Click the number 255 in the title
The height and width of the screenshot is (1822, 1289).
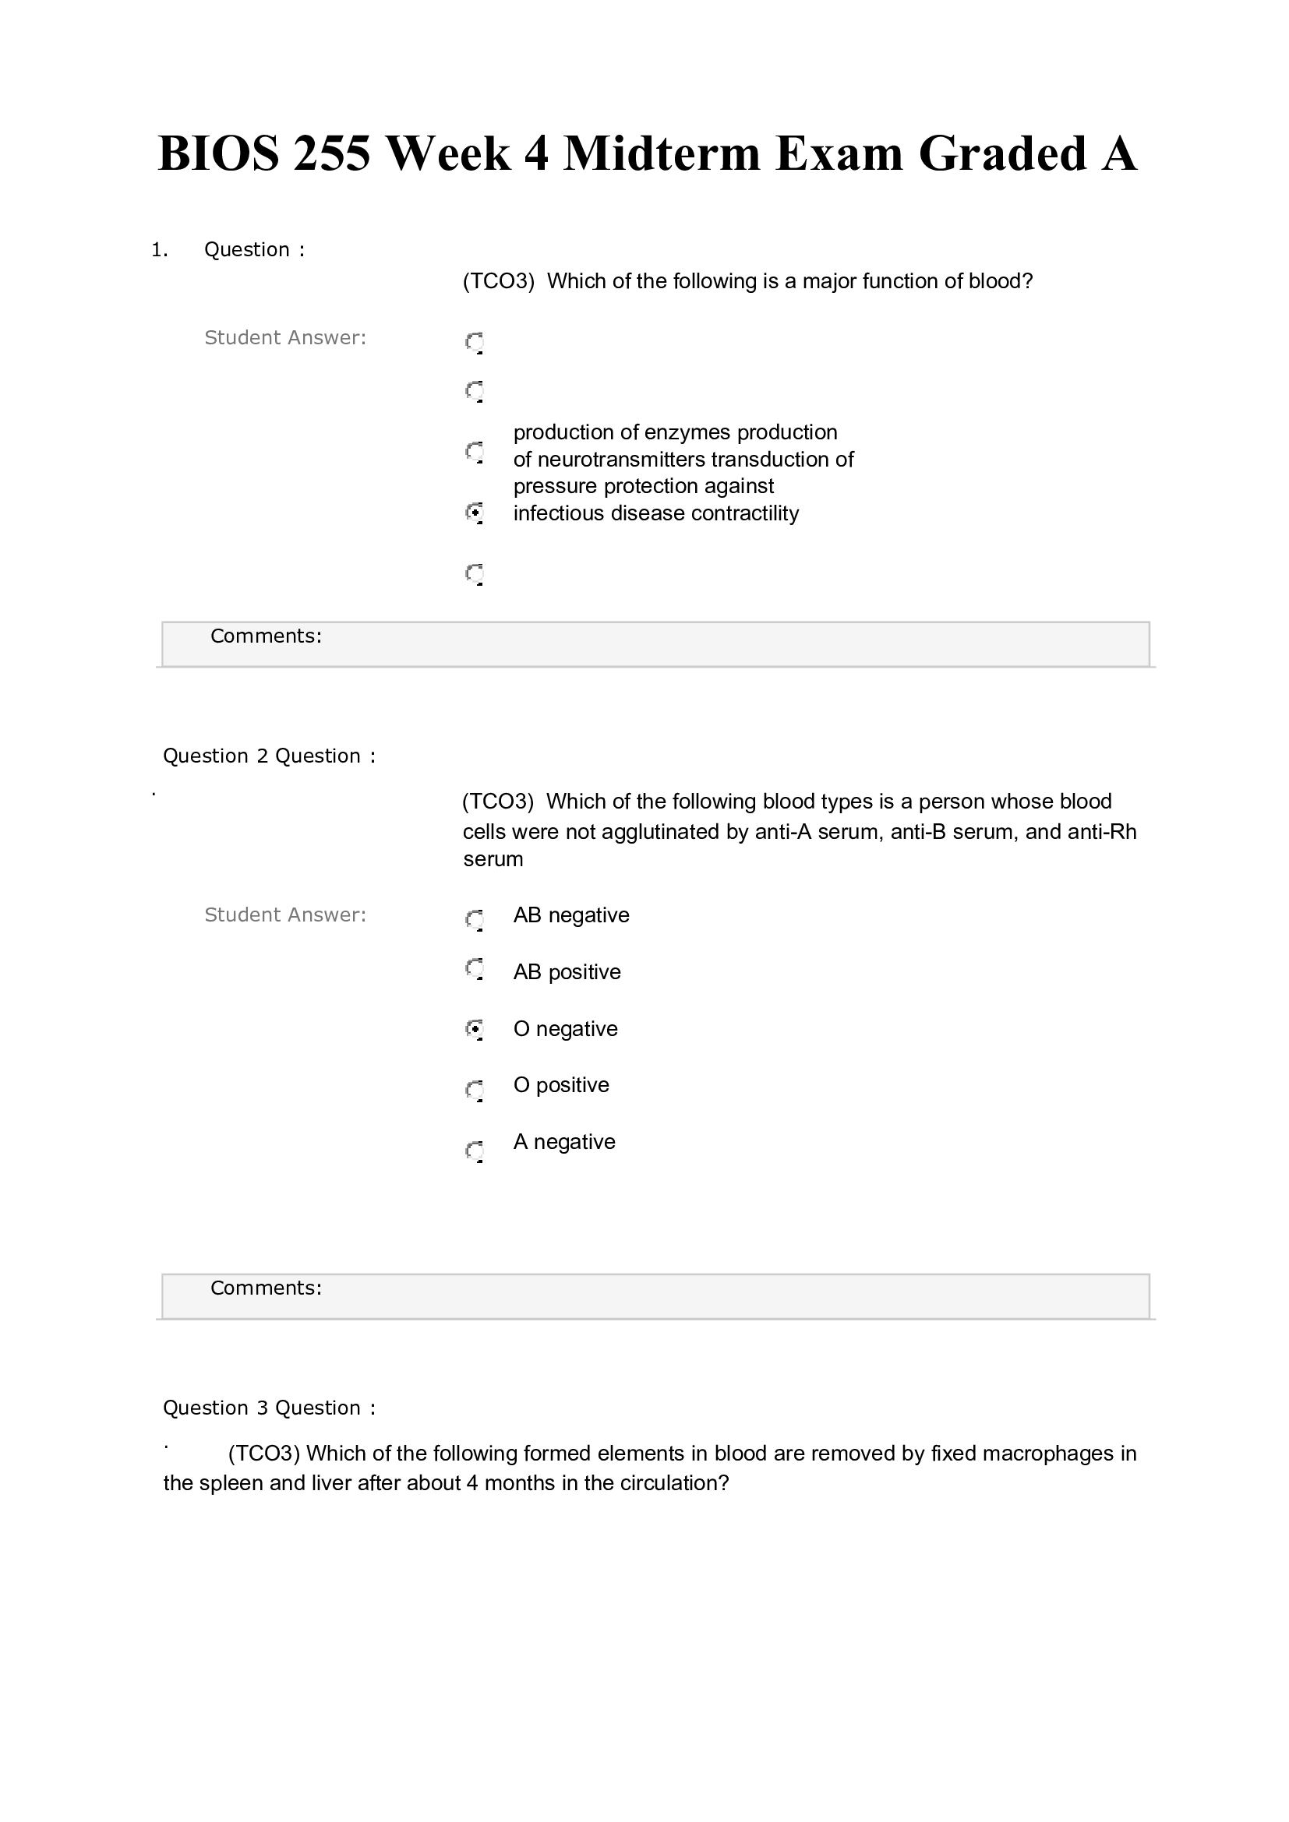pyautogui.click(x=331, y=153)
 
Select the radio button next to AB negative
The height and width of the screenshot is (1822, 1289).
pyautogui.click(x=475, y=919)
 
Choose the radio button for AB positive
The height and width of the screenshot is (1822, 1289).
pyautogui.click(x=475, y=969)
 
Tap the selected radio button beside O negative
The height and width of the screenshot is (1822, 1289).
pyautogui.click(x=475, y=1029)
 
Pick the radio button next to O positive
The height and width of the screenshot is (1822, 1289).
pyautogui.click(x=475, y=1090)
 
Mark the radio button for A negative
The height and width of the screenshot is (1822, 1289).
pyautogui.click(x=475, y=1150)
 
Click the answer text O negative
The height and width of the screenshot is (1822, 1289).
pyautogui.click(x=565, y=1029)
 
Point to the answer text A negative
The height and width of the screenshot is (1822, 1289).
pyautogui.click(x=564, y=1142)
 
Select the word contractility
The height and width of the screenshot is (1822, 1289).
pyautogui.click(x=744, y=513)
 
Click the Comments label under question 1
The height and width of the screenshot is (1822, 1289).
pyautogui.click(x=266, y=636)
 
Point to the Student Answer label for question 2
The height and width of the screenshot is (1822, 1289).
pyautogui.click(x=285, y=915)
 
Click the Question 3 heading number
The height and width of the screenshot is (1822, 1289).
pyautogui.click(x=263, y=1408)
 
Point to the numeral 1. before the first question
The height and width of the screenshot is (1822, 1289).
pyautogui.click(x=159, y=250)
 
